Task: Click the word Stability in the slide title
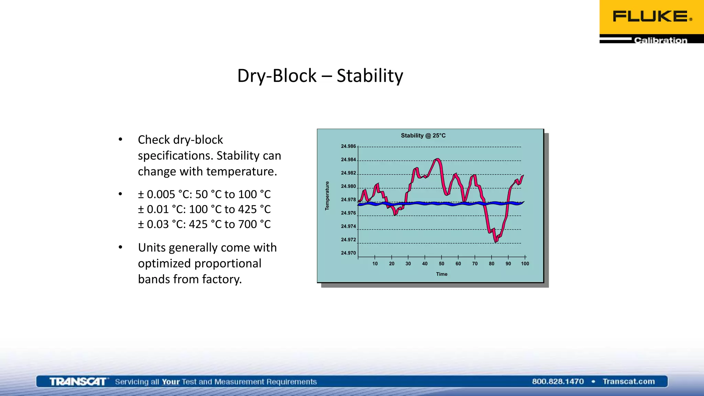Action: (370, 76)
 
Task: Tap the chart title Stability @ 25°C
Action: (423, 135)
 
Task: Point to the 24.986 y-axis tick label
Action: (348, 146)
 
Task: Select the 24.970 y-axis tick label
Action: (348, 253)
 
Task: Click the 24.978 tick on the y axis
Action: (348, 200)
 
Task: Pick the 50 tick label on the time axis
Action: (441, 264)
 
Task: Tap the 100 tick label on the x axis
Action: (525, 264)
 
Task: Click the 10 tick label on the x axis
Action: (375, 264)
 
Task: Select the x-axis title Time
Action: (442, 274)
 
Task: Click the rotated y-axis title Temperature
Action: (327, 196)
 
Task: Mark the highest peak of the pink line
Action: (437, 159)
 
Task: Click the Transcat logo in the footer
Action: (78, 382)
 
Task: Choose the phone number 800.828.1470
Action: (558, 382)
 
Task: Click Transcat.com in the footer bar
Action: (628, 382)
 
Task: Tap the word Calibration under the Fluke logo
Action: (660, 40)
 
